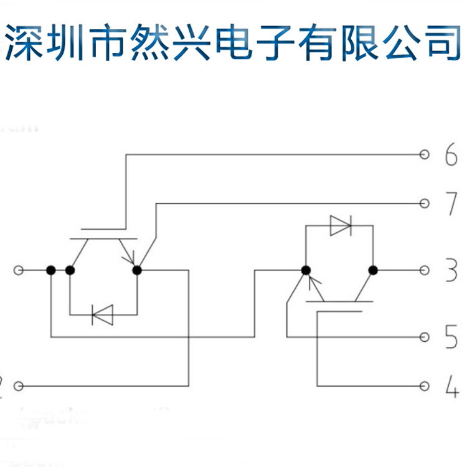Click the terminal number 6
[451, 156]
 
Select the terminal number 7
[451, 204]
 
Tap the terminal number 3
[451, 271]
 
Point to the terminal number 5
[451, 337]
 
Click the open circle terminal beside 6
[425, 155]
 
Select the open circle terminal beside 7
[425, 203]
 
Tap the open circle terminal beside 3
[425, 270]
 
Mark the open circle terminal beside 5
[425, 337]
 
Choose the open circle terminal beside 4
[425, 386]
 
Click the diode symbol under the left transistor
[101, 314]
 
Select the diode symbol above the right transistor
[340, 225]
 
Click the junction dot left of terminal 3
[373, 270]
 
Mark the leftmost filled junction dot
[51, 270]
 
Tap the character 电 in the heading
[233, 42]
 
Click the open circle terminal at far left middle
[19, 270]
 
